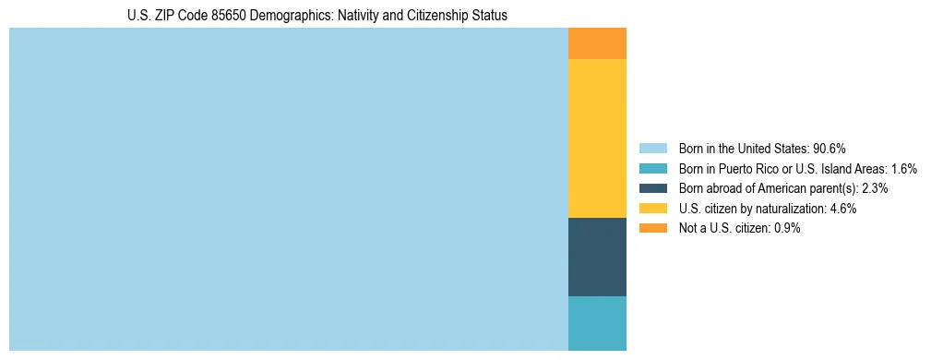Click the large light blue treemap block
[x=288, y=189]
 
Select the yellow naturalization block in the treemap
[x=597, y=138]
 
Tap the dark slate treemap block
[x=597, y=257]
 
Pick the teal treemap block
[x=597, y=323]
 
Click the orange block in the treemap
[x=597, y=43]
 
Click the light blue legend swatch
[x=652, y=149]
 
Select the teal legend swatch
[x=652, y=169]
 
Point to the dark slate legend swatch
[x=652, y=188]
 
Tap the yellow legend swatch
[x=652, y=209]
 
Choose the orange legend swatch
[x=652, y=228]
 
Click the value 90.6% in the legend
[x=830, y=149]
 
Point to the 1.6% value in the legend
[x=903, y=169]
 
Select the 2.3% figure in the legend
[x=875, y=188]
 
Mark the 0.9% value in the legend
[x=787, y=228]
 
